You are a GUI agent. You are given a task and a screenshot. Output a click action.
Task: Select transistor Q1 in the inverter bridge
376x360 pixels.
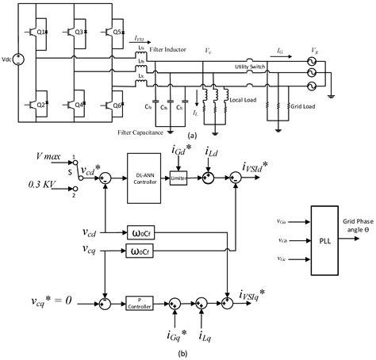coord(50,34)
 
